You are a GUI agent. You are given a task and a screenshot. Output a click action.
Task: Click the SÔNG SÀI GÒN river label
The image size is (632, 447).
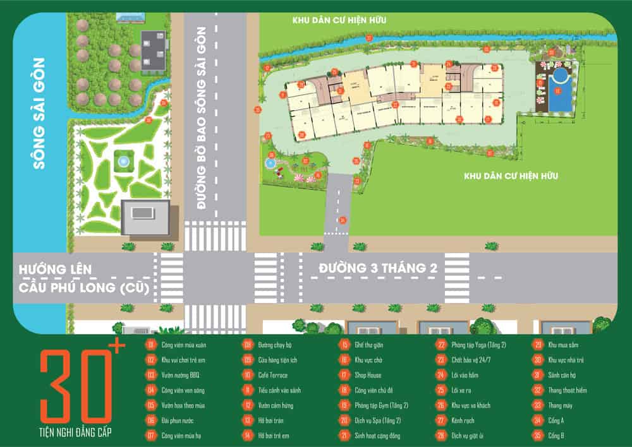pos(39,114)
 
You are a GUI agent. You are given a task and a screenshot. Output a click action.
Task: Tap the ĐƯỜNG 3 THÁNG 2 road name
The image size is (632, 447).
pos(378,268)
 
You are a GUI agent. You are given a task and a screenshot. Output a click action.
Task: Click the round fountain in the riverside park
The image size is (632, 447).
pos(124,162)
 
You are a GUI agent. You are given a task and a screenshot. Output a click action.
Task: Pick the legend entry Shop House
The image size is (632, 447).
pos(368,375)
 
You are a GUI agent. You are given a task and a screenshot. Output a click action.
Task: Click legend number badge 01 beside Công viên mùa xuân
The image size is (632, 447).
pos(151,345)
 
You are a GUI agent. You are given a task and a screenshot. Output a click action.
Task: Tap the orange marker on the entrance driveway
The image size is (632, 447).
pos(343,220)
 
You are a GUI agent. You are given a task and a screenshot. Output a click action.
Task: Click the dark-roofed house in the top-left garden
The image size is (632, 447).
pos(153,51)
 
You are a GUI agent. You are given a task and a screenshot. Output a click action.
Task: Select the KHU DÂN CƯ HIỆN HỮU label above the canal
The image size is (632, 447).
pos(339,20)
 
